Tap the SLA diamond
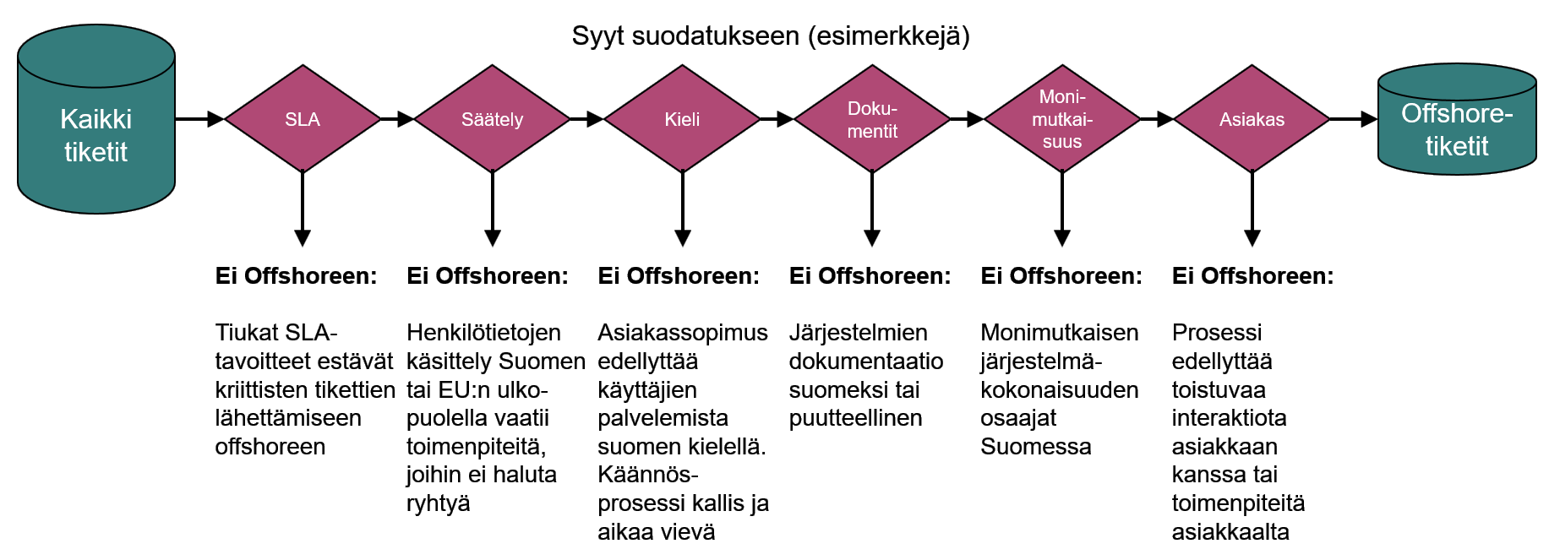click(303, 119)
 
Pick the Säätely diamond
click(492, 119)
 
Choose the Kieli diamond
click(682, 119)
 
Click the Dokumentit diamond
click(872, 119)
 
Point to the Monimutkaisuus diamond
click(1062, 119)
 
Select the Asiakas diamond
click(1252, 119)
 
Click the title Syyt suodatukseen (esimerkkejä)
click(771, 35)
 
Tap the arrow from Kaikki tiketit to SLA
click(199, 119)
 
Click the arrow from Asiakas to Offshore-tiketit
click(1353, 119)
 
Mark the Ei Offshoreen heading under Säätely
click(488, 275)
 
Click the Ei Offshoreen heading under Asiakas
click(1252, 275)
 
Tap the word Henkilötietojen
click(483, 333)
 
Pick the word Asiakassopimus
click(683, 333)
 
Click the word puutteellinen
click(855, 418)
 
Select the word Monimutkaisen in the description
click(1059, 333)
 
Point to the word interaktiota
click(1229, 418)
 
